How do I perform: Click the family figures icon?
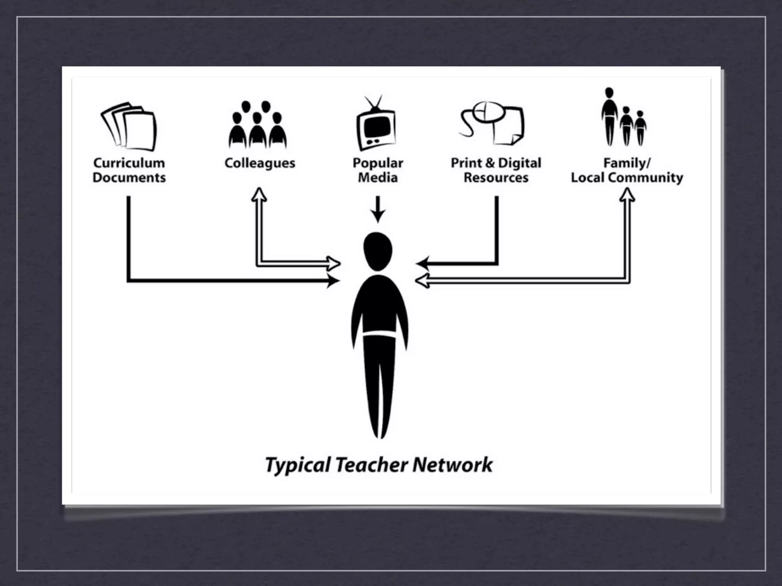pos(624,118)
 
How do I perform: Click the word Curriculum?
pos(129,163)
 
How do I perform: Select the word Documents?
pos(129,177)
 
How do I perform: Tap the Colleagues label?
pos(260,163)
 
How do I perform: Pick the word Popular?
pos(378,163)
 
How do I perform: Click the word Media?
pos(378,177)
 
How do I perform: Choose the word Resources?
pos(496,177)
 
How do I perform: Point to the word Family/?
pos(627,163)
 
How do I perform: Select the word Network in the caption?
pos(452,465)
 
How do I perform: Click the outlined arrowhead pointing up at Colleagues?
pos(259,194)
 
